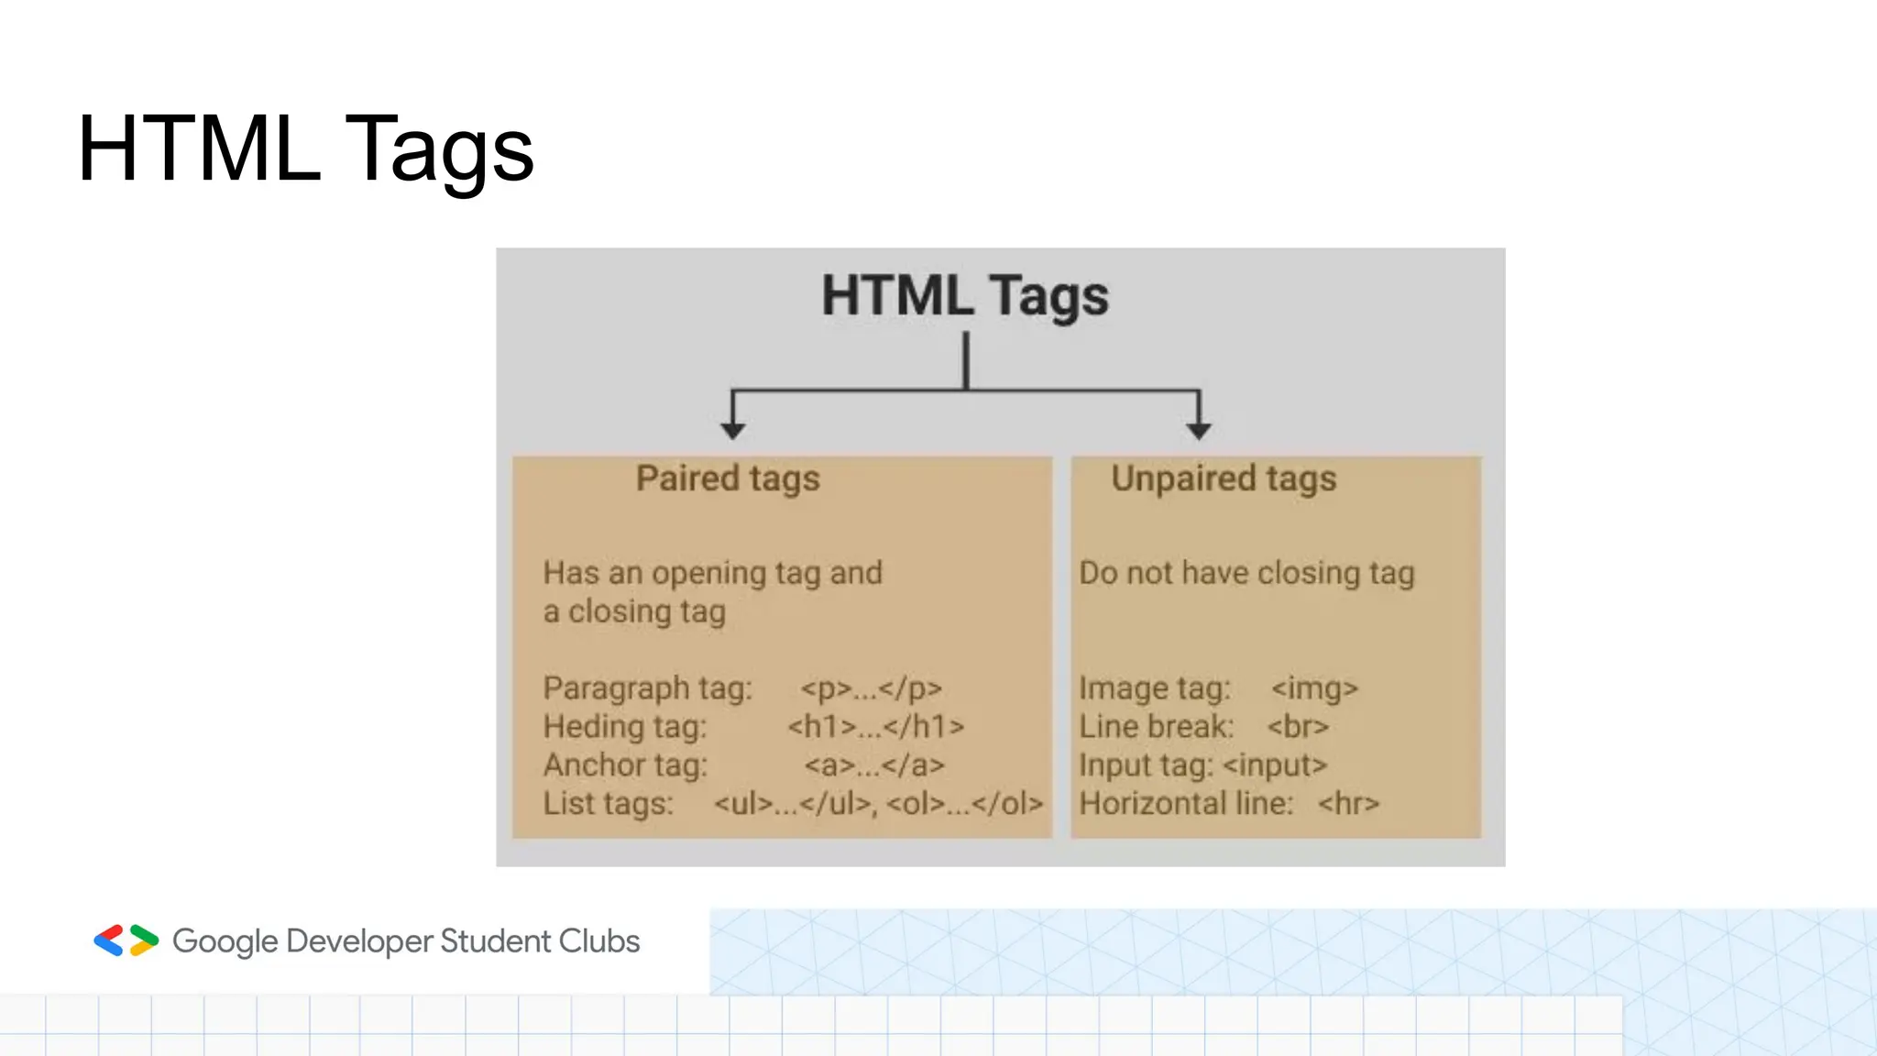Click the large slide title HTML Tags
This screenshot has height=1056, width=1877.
pos(305,148)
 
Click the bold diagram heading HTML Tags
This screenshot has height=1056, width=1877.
pos(964,296)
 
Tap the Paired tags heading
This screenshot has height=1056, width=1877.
pos(728,478)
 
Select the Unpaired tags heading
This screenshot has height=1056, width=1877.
pos(1224,478)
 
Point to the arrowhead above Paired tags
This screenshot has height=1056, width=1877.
pos(732,429)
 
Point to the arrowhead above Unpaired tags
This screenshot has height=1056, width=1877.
pos(1199,429)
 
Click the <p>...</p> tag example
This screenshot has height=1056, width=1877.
pos(871,688)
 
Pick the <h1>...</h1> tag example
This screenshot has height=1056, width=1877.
pos(876,727)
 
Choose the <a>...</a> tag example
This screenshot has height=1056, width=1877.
pos(874,765)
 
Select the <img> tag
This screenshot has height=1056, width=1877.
pos(1314,688)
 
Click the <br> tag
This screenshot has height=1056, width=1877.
pos(1298,727)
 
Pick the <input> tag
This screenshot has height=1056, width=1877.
pos(1275,765)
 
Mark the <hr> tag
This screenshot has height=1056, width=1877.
pos(1348,804)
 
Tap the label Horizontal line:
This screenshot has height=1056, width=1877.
pos(1186,804)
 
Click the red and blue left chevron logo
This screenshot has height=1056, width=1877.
pos(109,940)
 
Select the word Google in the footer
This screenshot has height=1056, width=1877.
pos(225,941)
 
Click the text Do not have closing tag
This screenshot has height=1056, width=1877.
pos(1246,574)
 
